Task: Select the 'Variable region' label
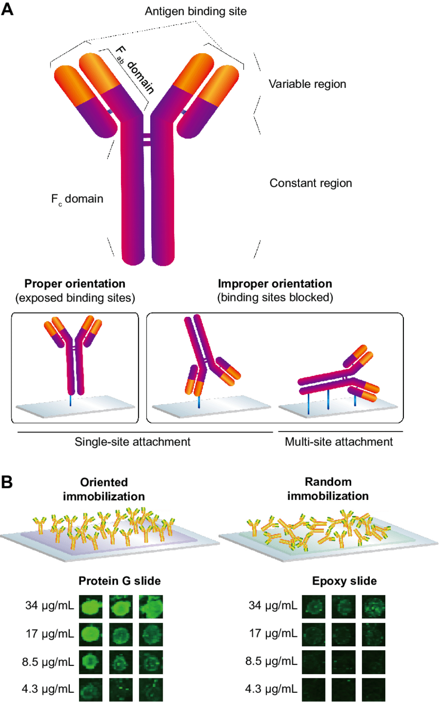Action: [307, 84]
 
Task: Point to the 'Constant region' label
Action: [311, 183]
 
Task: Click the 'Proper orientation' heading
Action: [75, 284]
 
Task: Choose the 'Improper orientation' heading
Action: [275, 284]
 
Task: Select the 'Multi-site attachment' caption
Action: [339, 442]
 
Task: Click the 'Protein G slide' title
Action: [120, 581]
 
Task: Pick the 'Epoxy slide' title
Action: [344, 581]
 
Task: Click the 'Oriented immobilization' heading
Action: [112, 489]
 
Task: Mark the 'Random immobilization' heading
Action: [336, 489]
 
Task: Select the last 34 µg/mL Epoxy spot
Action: [373, 605]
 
